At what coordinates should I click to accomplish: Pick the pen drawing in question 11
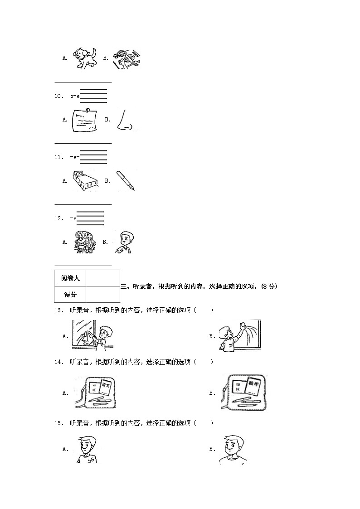pos(125,181)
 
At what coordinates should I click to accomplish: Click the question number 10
pos(58,96)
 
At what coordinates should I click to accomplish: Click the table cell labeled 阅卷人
pos(70,278)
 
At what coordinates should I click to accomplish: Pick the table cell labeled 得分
pos(70,294)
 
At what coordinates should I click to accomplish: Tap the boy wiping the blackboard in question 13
pos(238,335)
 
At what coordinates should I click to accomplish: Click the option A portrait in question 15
pos(87,449)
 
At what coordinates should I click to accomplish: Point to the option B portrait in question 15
pos(233,450)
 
